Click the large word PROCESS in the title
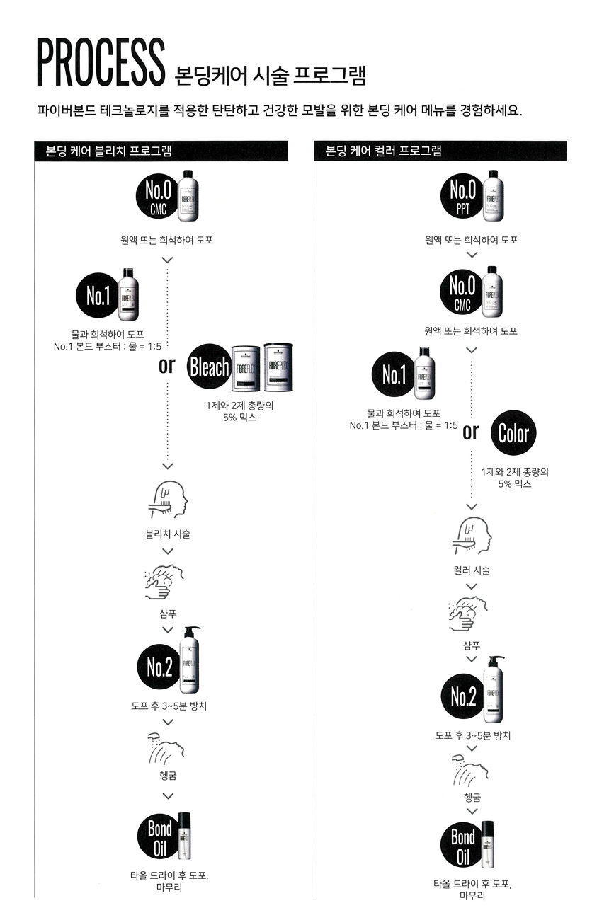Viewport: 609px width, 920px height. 101,63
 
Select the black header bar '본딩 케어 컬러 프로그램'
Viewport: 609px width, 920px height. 440,151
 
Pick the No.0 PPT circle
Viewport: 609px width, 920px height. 463,196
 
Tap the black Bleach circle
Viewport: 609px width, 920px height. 209,367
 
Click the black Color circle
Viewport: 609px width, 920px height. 513,433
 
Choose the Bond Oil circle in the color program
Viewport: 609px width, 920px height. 463,845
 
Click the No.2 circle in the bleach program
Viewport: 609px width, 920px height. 159,667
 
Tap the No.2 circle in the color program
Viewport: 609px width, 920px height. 462,697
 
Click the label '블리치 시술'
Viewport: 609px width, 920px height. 167,534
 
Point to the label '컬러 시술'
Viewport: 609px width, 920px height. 472,570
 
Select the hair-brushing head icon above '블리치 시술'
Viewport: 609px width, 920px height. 167,500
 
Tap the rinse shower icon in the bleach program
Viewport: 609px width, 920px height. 167,747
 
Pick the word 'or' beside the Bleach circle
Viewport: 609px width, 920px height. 166,366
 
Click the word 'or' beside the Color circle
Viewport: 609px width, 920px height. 471,432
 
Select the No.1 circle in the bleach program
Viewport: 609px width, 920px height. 98,297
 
